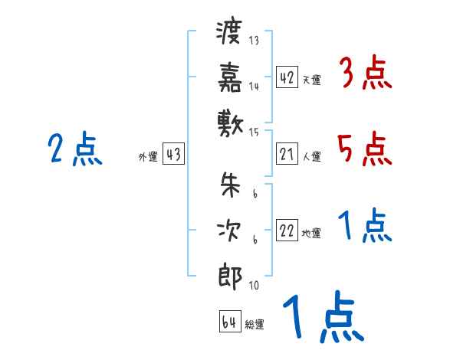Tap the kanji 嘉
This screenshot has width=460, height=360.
pos(229,77)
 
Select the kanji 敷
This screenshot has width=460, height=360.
pos(229,121)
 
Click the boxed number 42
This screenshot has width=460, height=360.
pos(287,77)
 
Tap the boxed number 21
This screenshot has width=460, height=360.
pos(287,155)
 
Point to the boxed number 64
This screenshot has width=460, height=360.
pos(229,322)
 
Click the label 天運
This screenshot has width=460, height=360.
pos(311,80)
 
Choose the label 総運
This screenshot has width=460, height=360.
pos(255,324)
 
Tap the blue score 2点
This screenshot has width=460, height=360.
pos(74,149)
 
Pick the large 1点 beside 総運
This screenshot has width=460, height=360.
pos(322,319)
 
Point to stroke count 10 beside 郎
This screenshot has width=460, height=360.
pos(254,286)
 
